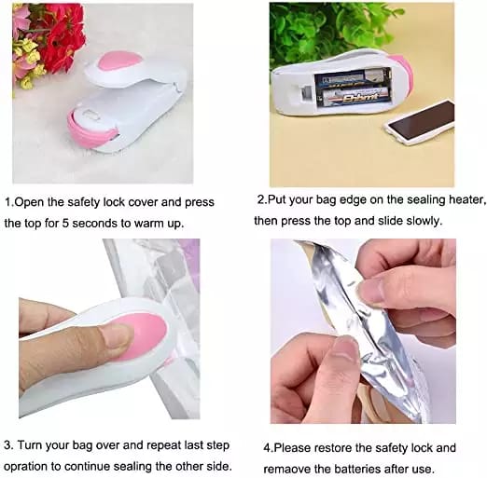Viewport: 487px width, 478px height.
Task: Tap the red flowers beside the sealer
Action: pyautogui.click(x=63, y=34)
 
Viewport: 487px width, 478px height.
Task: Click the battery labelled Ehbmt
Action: pyautogui.click(x=356, y=97)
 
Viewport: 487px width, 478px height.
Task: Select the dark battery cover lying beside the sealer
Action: pyautogui.click(x=421, y=122)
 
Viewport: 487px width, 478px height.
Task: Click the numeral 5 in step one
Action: pyautogui.click(x=65, y=223)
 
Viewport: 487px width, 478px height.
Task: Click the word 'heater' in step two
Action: pyautogui.click(x=466, y=199)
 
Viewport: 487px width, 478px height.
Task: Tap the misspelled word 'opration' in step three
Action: pyautogui.click(x=26, y=467)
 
